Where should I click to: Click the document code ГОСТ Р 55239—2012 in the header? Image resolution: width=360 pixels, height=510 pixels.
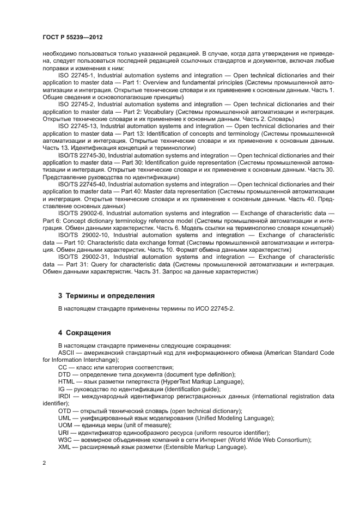pyautogui.click(x=72, y=37)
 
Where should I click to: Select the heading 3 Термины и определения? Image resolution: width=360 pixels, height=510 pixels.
pyautogui.click(x=106, y=295)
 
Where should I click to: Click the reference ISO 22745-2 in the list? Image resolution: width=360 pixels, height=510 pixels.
pyautogui.click(x=76, y=104)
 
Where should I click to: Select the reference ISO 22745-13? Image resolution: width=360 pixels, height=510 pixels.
pyautogui.click(x=77, y=125)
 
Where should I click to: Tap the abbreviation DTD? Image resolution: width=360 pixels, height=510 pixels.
pyautogui.click(x=65, y=374)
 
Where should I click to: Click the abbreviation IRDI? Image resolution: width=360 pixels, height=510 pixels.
pyautogui.click(x=65, y=396)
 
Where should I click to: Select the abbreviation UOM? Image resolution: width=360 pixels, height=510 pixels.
pyautogui.click(x=65, y=425)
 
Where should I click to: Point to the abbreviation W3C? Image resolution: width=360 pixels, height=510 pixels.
pyautogui.click(x=65, y=440)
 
